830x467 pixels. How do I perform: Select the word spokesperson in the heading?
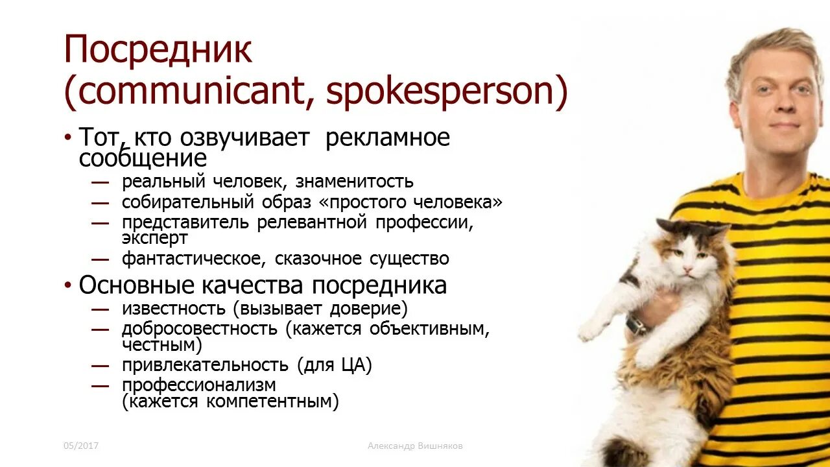coord(442,92)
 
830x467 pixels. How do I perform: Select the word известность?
coord(173,309)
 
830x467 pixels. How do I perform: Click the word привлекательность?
coord(205,365)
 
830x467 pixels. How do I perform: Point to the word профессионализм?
coord(199,385)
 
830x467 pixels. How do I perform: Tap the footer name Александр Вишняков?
coord(415,446)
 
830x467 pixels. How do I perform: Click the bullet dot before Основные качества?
coord(68,286)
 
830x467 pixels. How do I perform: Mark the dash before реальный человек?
coord(100,182)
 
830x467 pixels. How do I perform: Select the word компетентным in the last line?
coord(272,402)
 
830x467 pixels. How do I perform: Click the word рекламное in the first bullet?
coord(387,138)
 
